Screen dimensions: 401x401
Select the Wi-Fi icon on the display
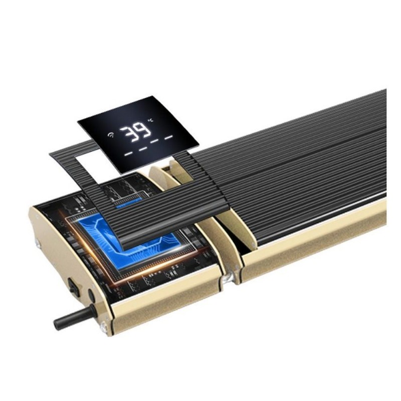click(x=111, y=135)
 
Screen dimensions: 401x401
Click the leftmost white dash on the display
click(x=128, y=154)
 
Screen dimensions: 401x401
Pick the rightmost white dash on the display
click(x=169, y=137)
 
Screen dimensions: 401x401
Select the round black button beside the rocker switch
click(x=91, y=296)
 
